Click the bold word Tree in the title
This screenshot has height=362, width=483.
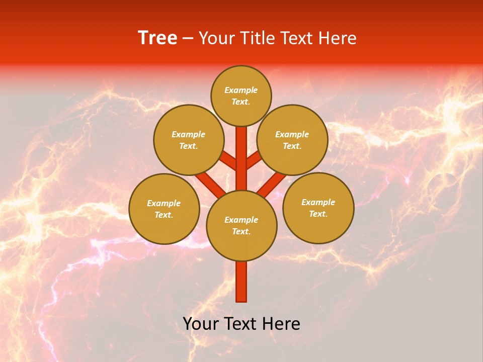(x=157, y=38)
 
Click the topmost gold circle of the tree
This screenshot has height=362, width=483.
(x=241, y=96)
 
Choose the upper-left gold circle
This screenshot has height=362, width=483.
(x=189, y=140)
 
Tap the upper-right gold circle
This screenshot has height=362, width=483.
(x=292, y=140)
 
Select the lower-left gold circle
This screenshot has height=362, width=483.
(x=164, y=209)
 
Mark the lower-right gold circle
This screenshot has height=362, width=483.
(x=318, y=208)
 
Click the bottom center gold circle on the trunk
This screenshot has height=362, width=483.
(x=242, y=226)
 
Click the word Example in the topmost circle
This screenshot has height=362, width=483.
(x=241, y=90)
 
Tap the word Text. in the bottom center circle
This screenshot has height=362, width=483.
(x=242, y=232)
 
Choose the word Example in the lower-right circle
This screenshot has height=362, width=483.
(x=318, y=202)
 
